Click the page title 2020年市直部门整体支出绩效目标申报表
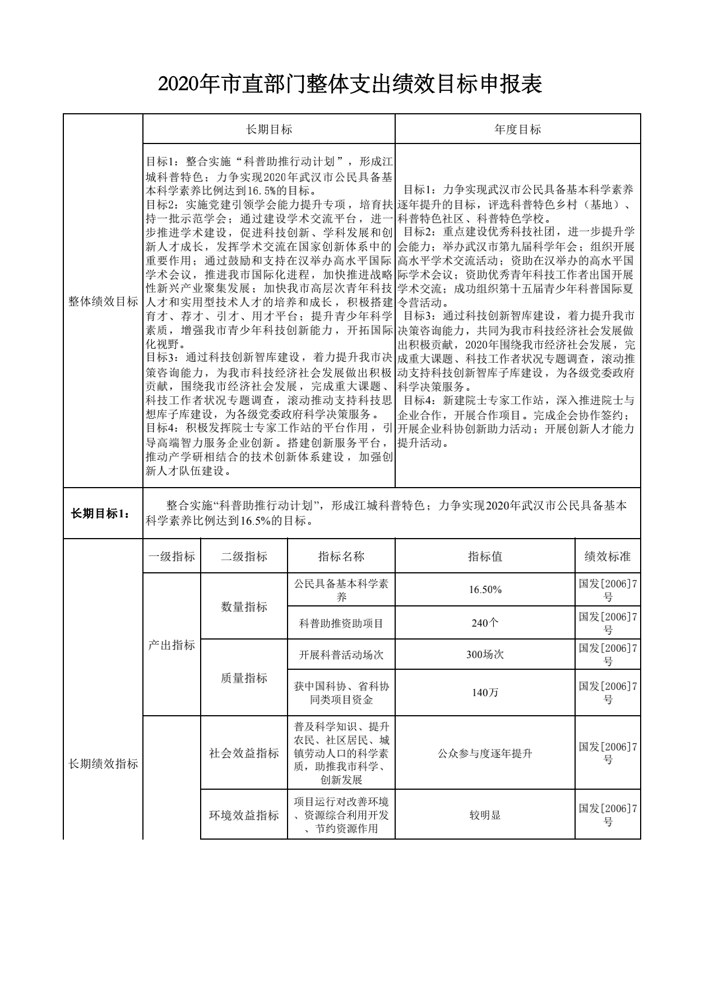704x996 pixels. (350, 84)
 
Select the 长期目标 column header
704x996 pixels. (269, 129)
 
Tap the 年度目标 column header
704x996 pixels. (517, 129)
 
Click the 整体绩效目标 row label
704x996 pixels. (103, 302)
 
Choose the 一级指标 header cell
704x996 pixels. (172, 556)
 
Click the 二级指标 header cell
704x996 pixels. (244, 556)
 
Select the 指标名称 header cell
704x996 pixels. (341, 556)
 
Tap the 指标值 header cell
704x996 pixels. (485, 556)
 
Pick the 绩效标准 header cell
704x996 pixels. (608, 556)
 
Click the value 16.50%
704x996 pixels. (485, 590)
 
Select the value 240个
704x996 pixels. (485, 623)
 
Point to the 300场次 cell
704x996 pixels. (485, 654)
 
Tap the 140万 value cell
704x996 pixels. (485, 693)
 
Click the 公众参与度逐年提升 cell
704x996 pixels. (485, 753)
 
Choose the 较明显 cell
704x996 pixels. (485, 815)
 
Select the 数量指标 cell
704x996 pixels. (244, 606)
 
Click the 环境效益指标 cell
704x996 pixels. (244, 815)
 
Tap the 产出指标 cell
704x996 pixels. (172, 645)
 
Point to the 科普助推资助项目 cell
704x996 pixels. (341, 623)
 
